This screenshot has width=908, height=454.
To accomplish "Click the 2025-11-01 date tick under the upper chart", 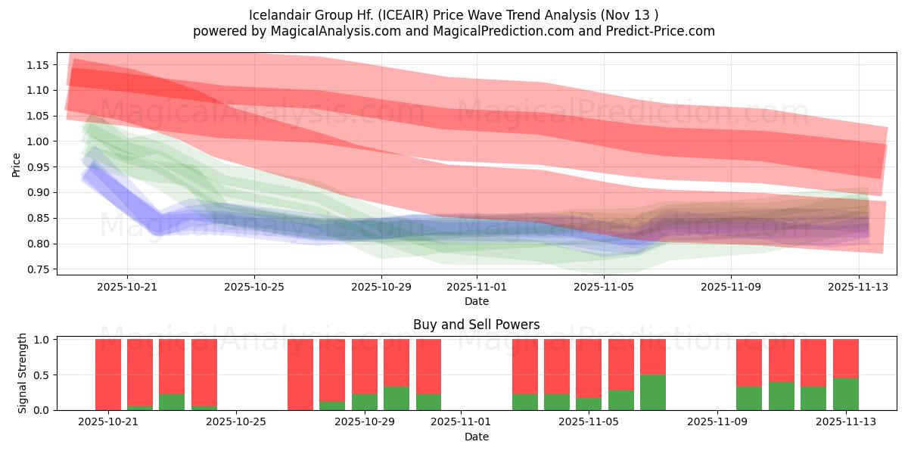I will tap(477, 287).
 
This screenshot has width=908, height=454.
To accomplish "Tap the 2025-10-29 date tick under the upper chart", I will tap(381, 287).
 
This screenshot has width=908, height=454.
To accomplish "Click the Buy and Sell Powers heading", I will tap(477, 325).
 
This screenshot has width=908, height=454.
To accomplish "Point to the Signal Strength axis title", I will tap(23, 373).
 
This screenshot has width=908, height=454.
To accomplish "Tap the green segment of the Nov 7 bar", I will tap(653, 392).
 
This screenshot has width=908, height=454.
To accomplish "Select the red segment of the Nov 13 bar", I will tap(845, 358).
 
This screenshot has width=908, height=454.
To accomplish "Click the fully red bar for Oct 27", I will tap(300, 375).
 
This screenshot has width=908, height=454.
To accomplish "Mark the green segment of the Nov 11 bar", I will tap(782, 396).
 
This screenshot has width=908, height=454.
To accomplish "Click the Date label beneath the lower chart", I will tap(477, 437).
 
